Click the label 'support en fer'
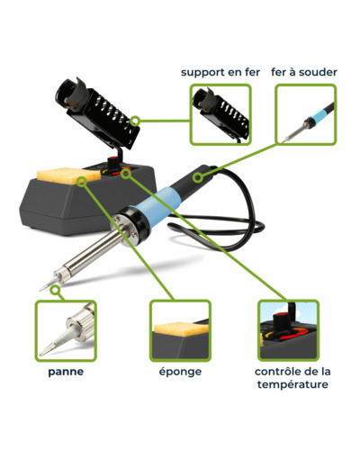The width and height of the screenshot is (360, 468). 220,73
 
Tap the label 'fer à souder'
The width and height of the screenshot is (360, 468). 304,72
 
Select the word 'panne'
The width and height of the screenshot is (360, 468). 66,372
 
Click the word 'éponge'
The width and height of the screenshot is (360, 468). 180,372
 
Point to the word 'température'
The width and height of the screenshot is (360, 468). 292,384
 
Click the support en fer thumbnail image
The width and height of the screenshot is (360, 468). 220,114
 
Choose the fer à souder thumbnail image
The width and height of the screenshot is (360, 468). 306,114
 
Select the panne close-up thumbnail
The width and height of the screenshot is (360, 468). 66,330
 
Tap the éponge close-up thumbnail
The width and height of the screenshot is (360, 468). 180,330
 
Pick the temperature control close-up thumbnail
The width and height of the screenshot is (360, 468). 288,330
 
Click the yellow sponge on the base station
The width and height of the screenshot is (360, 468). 67,175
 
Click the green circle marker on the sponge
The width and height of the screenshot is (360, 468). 82,182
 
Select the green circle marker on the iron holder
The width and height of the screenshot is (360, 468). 135,121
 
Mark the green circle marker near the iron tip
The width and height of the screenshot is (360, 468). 55,290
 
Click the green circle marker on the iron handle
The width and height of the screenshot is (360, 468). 197,177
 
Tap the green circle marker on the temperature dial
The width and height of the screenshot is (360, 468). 127,174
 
